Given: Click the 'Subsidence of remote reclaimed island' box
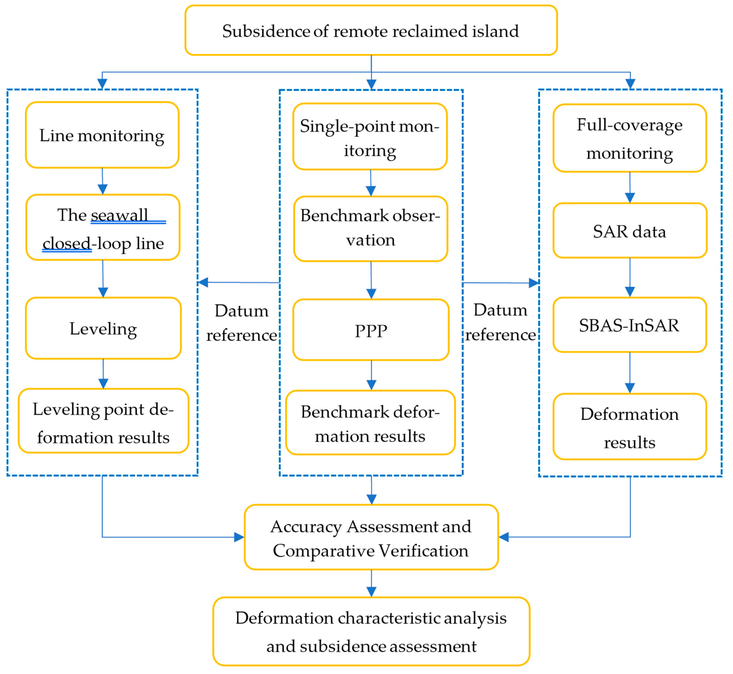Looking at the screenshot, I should point(371,31).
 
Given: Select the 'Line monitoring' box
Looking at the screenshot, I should point(102,135).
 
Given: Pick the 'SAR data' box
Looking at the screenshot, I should point(630,231).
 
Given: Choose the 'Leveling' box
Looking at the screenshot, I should point(103,329).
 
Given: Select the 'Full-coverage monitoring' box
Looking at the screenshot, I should point(630,138).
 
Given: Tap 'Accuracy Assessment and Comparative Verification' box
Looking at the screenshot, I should point(371,538).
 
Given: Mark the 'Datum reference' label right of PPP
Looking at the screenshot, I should point(501,322).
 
